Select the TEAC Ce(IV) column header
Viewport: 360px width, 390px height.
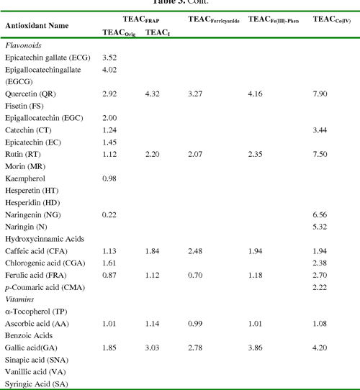click(332, 19)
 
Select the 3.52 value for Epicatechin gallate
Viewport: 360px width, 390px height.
click(110, 57)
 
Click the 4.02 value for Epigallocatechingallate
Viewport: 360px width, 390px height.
click(110, 70)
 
